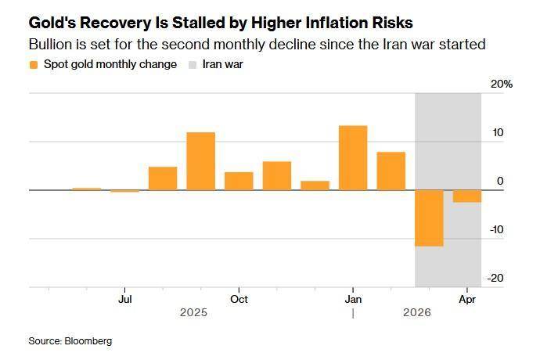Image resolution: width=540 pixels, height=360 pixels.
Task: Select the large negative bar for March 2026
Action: pos(429,218)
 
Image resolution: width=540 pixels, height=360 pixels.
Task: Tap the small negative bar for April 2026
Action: pos(467,196)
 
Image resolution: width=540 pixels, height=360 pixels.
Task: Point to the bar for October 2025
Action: pos(239,181)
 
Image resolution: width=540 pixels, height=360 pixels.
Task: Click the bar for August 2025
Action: pos(163,178)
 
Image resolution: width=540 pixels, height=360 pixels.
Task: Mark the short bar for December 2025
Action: pos(315,185)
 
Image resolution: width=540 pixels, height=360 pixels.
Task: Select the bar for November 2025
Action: pos(277,175)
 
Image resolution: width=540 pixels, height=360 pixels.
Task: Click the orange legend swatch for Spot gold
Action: pos(33,64)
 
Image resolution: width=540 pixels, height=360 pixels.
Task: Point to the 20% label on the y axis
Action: pos(502,84)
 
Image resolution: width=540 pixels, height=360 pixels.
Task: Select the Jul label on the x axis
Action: pos(124,299)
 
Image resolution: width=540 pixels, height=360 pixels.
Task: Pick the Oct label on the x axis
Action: pos(239,299)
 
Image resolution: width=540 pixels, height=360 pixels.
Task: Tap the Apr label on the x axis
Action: pos(467,299)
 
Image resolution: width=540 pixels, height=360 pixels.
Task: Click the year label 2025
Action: pos(193,313)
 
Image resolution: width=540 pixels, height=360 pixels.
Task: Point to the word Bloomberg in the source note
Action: pos(88,341)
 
